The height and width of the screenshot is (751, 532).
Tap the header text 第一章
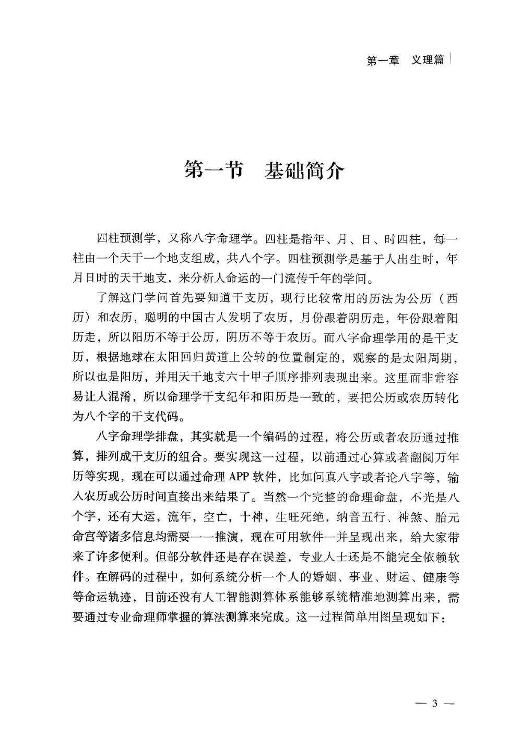click(383, 60)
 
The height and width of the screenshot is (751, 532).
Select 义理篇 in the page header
click(428, 60)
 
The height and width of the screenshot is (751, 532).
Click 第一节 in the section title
click(214, 170)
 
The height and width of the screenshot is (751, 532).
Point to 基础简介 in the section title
click(305, 170)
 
